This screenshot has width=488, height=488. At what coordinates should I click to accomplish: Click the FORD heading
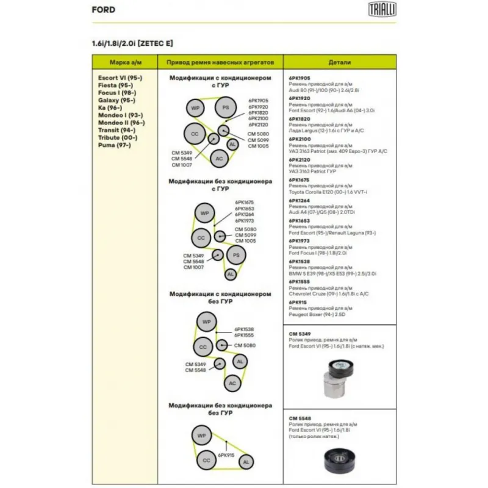[x=103, y=10]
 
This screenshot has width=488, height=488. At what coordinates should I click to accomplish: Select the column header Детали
[x=340, y=62]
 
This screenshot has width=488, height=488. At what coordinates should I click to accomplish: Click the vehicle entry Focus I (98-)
[x=117, y=93]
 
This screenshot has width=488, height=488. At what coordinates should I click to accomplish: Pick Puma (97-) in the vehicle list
[x=113, y=145]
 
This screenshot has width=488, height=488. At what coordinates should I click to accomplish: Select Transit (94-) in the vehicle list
[x=117, y=130]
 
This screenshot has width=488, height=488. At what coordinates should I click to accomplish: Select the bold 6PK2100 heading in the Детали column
[x=300, y=139]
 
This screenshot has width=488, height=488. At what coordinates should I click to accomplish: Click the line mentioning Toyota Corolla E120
[x=332, y=192]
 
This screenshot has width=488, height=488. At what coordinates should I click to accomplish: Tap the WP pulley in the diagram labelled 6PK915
[x=201, y=436]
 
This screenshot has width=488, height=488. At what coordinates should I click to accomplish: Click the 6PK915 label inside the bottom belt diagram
[x=226, y=455]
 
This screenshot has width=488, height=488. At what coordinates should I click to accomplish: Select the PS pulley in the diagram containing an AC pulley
[x=225, y=108]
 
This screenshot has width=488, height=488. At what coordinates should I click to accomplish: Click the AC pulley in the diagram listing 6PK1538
[x=231, y=383]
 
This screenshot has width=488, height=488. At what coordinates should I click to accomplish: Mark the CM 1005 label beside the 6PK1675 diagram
[x=245, y=241]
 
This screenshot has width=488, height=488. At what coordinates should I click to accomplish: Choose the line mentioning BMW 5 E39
[x=332, y=274]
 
